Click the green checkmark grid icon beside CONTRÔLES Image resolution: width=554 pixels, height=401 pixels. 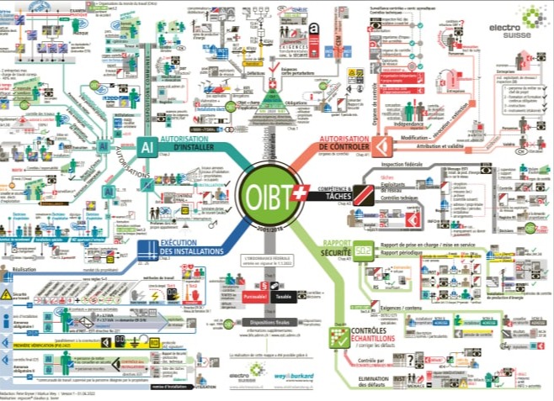[x=339, y=338]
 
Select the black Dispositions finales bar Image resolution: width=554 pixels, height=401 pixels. [x=270, y=322]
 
